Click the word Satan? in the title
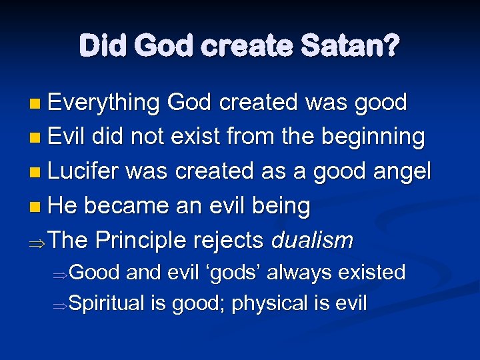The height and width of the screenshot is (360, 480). coord(350,47)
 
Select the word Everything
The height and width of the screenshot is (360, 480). coord(103,103)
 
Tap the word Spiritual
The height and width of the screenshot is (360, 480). coord(107,303)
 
